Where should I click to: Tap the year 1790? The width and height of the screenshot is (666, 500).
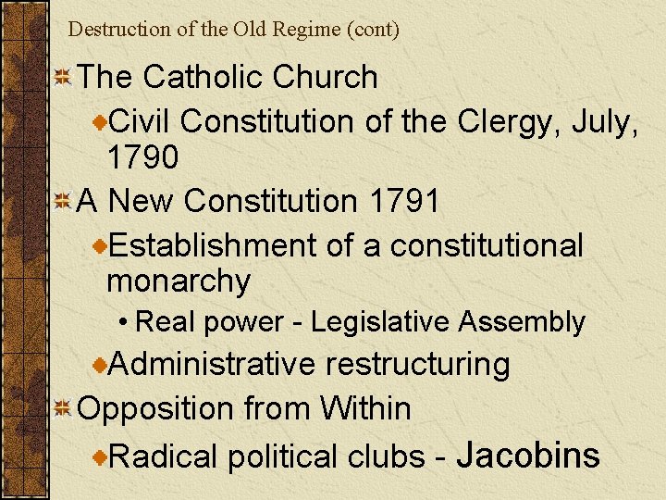coord(142,157)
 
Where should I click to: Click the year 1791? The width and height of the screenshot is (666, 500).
coord(404,201)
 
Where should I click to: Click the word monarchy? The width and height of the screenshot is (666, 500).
coord(179,281)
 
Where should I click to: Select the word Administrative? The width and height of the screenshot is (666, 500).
coord(212,364)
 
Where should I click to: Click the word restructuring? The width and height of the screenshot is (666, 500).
coord(417,364)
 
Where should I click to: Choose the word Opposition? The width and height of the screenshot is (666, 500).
coord(156,408)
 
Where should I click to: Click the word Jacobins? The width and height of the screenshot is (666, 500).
coord(528,455)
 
